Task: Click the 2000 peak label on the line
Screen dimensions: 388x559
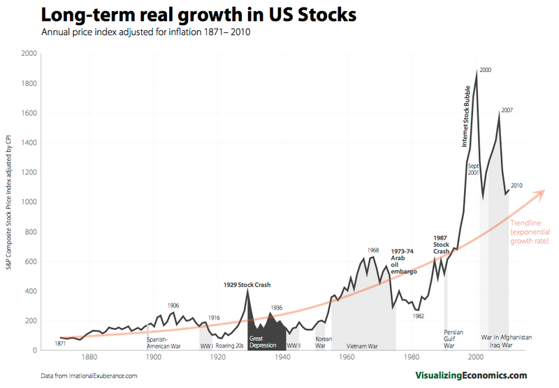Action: click(x=486, y=70)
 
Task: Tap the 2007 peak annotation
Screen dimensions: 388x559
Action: click(x=507, y=110)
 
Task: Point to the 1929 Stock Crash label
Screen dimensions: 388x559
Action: click(x=247, y=285)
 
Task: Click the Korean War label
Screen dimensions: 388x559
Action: click(x=321, y=342)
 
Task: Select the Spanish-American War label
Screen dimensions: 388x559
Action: click(x=164, y=342)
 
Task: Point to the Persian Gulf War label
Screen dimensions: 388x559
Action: click(x=450, y=338)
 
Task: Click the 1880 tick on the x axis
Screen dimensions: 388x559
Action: click(x=88, y=358)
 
